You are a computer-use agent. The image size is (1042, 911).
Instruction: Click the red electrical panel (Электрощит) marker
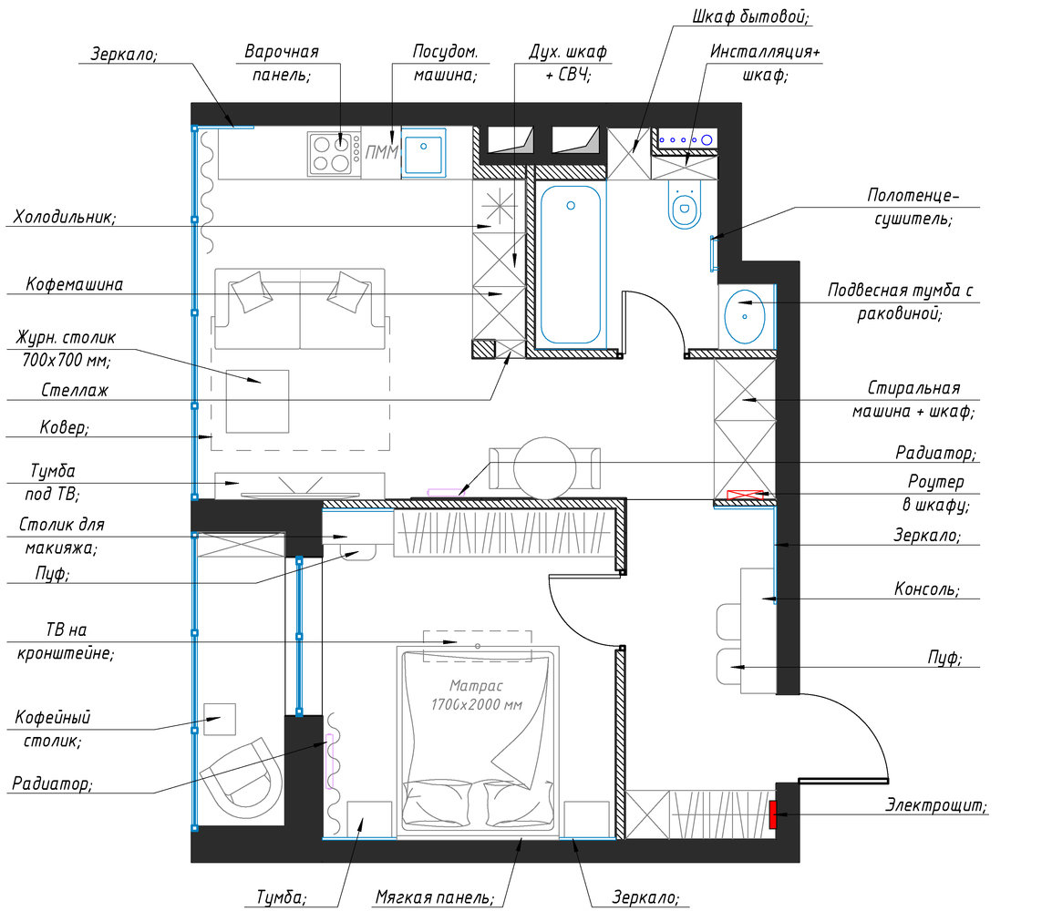[x=773, y=814]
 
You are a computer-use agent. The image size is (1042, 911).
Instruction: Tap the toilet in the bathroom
[x=685, y=202]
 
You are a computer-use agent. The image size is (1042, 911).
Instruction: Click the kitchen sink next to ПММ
[x=423, y=153]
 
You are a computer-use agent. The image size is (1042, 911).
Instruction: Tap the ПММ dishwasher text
[x=381, y=153]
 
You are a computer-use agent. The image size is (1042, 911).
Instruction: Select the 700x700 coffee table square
[x=257, y=401]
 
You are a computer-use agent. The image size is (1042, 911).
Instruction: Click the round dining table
[x=545, y=468]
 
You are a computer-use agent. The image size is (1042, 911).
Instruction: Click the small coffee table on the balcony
[x=220, y=719]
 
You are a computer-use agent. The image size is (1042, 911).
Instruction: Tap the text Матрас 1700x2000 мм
[x=476, y=694]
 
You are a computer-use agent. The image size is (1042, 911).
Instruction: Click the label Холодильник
[x=65, y=217]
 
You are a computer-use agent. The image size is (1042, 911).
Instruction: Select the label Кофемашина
[x=75, y=285]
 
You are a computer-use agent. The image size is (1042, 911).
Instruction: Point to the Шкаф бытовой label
[x=751, y=16]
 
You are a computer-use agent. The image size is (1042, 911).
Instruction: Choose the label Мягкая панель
[x=435, y=897]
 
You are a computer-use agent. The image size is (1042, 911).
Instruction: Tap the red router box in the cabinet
[x=745, y=495]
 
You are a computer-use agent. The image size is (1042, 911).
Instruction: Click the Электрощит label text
[x=935, y=805]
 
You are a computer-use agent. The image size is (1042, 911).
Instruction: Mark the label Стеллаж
[x=75, y=390]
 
